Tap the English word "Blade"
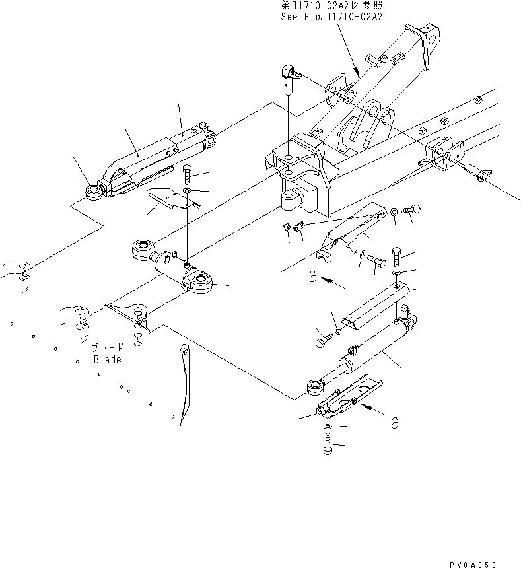point(107,360)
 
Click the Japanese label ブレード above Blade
point(106,348)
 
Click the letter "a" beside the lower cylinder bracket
point(394,423)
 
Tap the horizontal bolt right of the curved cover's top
point(413,211)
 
